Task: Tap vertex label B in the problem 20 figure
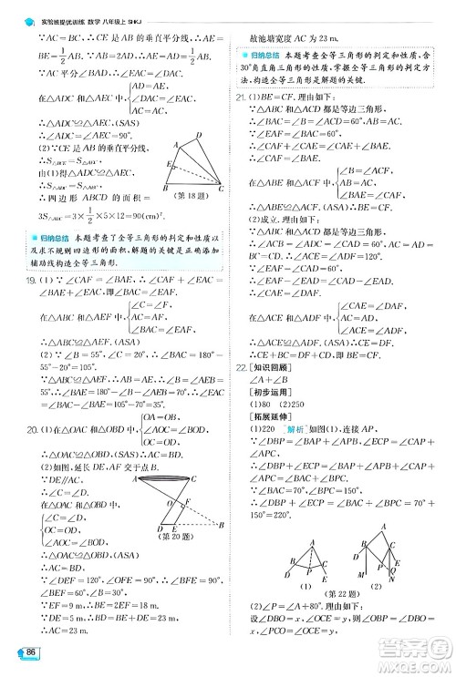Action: click(223, 523)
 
